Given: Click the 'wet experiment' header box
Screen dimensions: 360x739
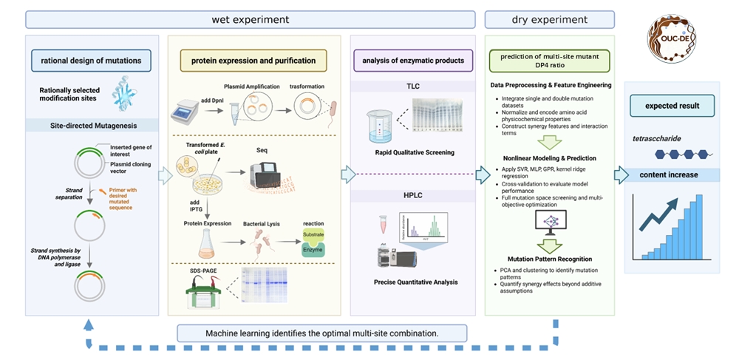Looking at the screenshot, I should (251, 19).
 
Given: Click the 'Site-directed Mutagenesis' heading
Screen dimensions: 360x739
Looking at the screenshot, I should (93, 126).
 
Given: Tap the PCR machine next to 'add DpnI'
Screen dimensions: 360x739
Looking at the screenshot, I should (185, 112).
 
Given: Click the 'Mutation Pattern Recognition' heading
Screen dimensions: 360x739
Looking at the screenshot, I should (550, 259).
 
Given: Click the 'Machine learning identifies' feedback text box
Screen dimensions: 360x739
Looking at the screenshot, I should (321, 333).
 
